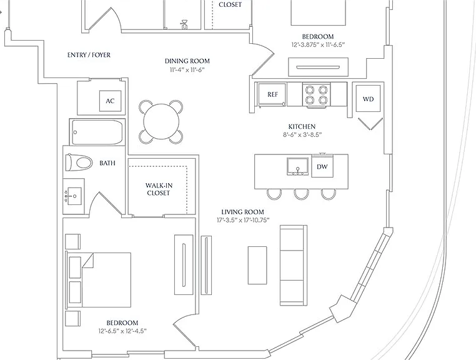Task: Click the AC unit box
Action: pyautogui.click(x=110, y=101)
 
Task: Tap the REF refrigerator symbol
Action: pyautogui.click(x=272, y=95)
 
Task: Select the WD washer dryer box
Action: pyautogui.click(x=368, y=99)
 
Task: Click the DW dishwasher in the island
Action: pyautogui.click(x=322, y=166)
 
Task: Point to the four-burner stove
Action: pyautogui.click(x=316, y=95)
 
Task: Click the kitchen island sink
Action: pyautogui.click(x=297, y=167)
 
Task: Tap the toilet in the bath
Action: pyautogui.click(x=79, y=162)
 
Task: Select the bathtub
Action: pyautogui.click(x=97, y=132)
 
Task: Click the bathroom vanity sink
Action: pyautogui.click(x=73, y=196)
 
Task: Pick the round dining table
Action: pyautogui.click(x=161, y=122)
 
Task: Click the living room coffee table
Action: pyautogui.click(x=257, y=265)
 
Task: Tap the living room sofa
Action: pyautogui.click(x=293, y=265)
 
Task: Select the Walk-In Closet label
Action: pyautogui.click(x=158, y=189)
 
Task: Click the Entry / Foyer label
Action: pyautogui.click(x=89, y=55)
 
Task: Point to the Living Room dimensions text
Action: pyautogui.click(x=243, y=220)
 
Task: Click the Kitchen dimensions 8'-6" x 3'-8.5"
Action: pyautogui.click(x=302, y=134)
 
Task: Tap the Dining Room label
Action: pyautogui.click(x=187, y=61)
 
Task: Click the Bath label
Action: pyautogui.click(x=107, y=163)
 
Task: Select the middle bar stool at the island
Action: pyautogui.click(x=301, y=194)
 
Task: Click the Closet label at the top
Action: pyautogui.click(x=230, y=4)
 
